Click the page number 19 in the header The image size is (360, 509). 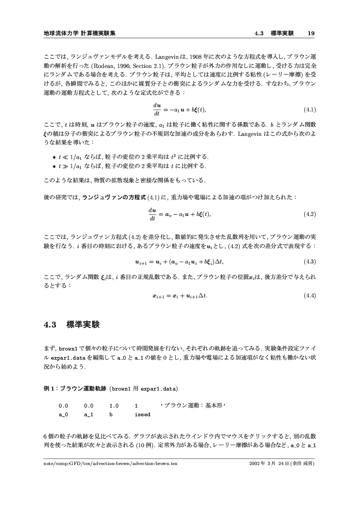[311, 33]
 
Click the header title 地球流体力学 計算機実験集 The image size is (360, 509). [79, 33]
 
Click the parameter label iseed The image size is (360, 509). [143, 415]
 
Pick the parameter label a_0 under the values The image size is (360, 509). [63, 415]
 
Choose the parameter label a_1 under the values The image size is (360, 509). [88, 415]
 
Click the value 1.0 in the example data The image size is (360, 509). [114, 406]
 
